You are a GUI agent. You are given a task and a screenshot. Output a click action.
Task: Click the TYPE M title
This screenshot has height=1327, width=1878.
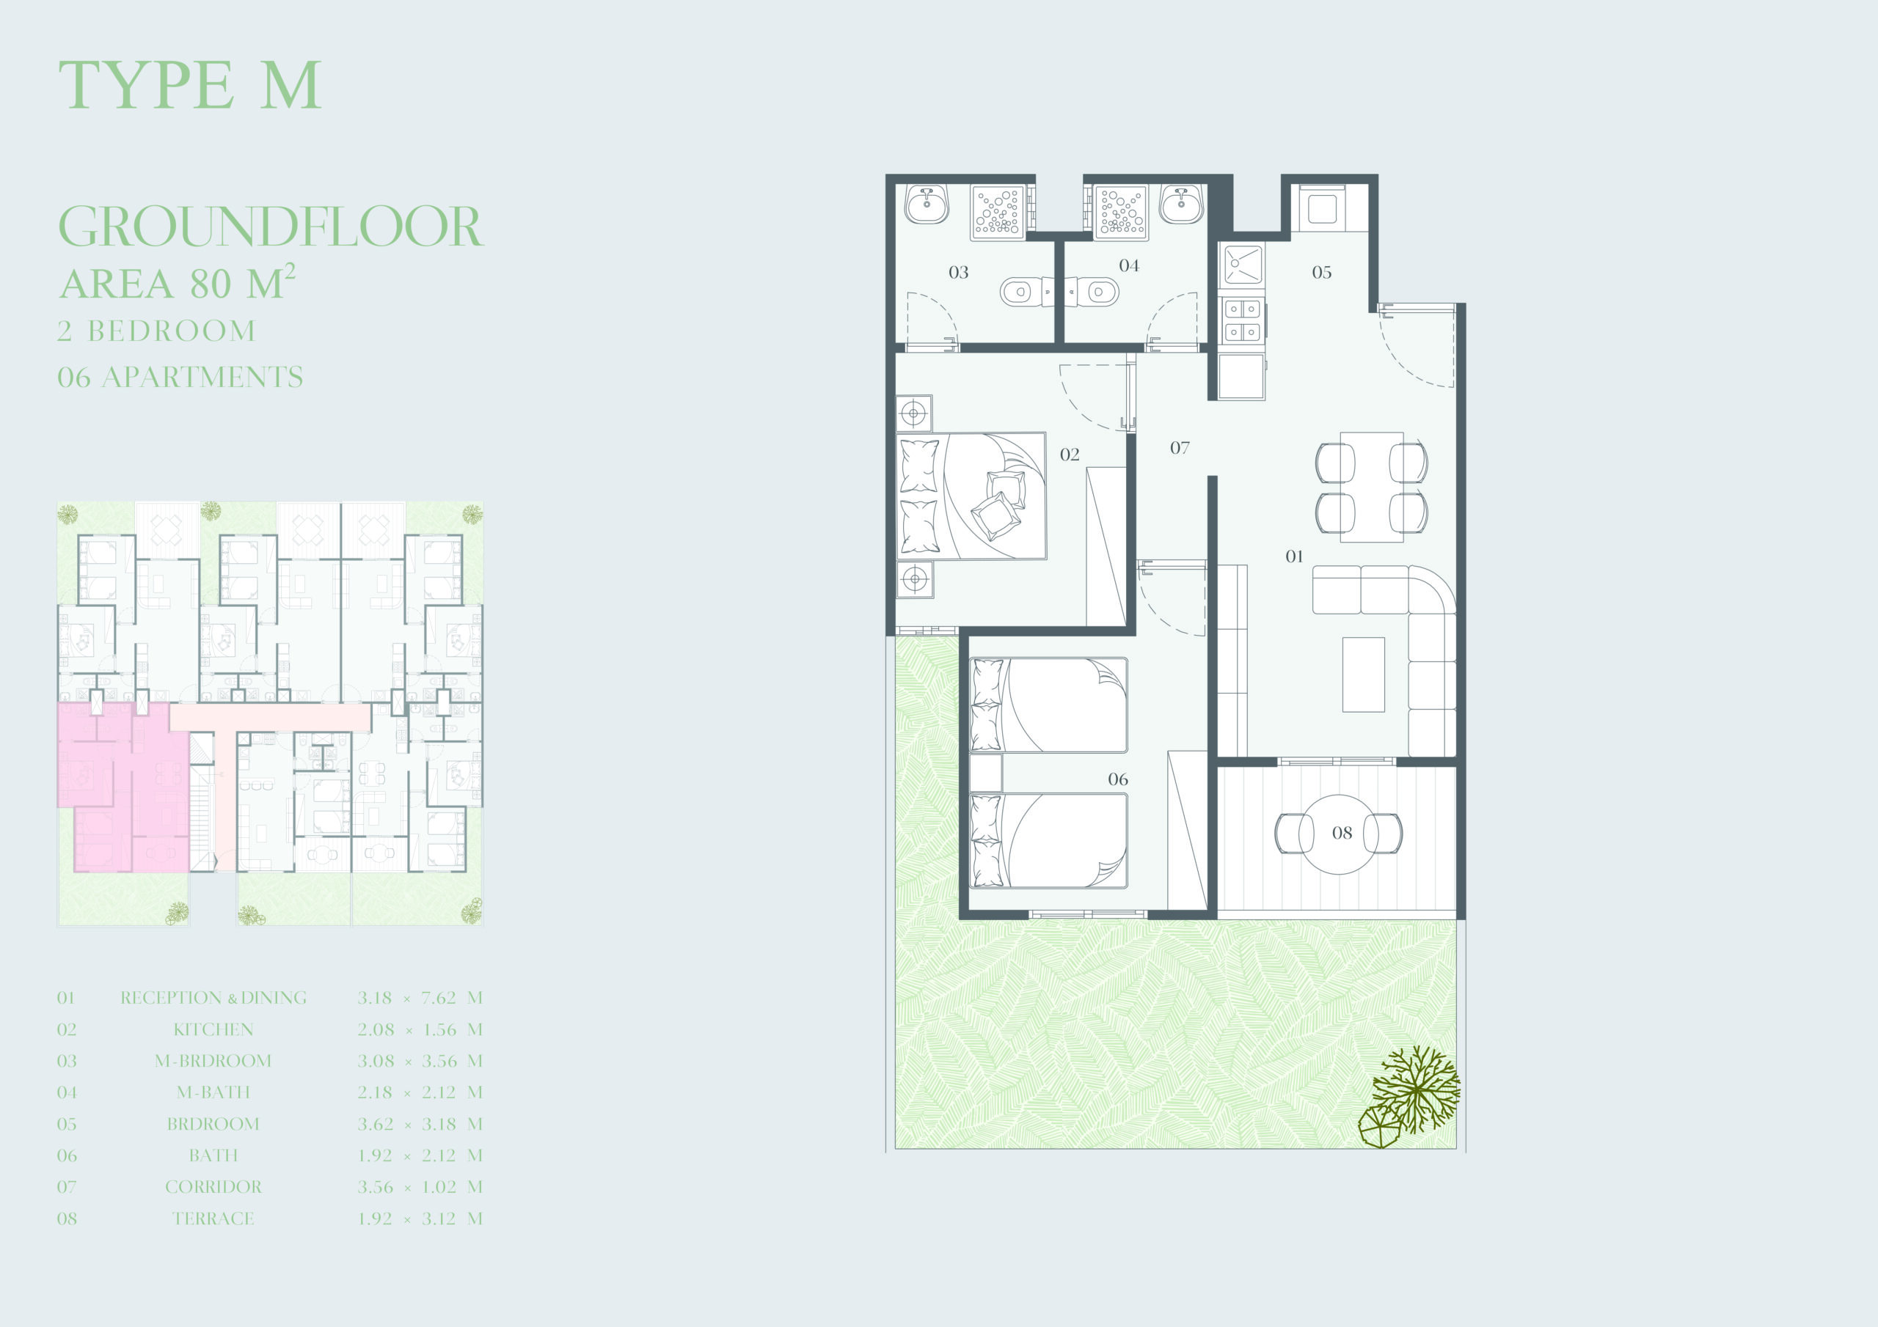click(x=190, y=84)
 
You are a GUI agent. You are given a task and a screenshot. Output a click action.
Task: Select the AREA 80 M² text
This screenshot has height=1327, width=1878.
click(x=177, y=283)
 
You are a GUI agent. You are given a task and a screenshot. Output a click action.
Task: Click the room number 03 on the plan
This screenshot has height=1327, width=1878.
click(x=959, y=272)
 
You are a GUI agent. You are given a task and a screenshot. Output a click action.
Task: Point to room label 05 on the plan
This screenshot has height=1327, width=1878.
click(x=1322, y=272)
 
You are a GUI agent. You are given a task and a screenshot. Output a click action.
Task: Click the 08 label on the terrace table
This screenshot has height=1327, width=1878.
click(x=1342, y=833)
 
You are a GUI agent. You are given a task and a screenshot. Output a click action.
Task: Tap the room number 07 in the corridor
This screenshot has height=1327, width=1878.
click(x=1180, y=448)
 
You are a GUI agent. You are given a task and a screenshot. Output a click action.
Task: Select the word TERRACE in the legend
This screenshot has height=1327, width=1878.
click(x=213, y=1218)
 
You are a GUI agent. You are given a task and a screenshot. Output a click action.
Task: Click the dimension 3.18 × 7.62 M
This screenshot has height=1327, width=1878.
click(x=420, y=998)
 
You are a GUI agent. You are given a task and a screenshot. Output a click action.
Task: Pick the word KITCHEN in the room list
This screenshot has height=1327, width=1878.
click(x=213, y=1029)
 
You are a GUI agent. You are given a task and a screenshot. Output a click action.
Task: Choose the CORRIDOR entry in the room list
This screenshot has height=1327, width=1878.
click(x=213, y=1186)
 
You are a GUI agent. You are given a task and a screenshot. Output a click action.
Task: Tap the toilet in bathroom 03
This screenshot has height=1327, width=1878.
click(x=1022, y=291)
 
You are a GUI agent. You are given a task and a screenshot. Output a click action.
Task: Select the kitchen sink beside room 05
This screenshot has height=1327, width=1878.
click(x=1242, y=265)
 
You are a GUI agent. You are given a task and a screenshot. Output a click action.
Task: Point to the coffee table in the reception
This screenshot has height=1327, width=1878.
click(x=1364, y=674)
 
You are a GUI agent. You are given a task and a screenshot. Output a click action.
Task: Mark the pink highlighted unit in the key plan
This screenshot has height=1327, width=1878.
click(x=123, y=785)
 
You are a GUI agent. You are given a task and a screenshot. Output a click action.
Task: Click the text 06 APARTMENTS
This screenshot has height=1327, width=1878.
click(x=180, y=377)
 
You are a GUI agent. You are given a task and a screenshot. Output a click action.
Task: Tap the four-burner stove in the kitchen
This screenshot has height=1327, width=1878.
click(x=1242, y=320)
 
